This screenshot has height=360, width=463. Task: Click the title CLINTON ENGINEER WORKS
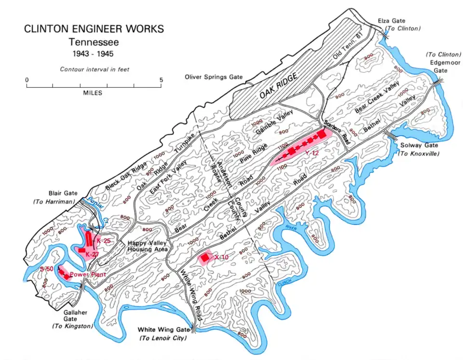pos(94,29)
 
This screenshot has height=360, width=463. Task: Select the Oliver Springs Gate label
pos(214,77)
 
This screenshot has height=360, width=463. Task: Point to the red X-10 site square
pos(205,258)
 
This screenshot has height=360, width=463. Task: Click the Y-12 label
pos(312,153)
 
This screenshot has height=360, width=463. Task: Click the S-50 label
pos(47,268)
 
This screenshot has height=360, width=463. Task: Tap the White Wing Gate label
pos(162,330)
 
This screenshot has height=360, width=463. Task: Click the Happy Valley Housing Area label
pos(147,246)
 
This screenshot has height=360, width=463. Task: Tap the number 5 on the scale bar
pos(162,80)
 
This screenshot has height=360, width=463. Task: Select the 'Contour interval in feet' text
pos(95,69)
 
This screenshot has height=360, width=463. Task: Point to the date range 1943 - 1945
pos(95,53)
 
